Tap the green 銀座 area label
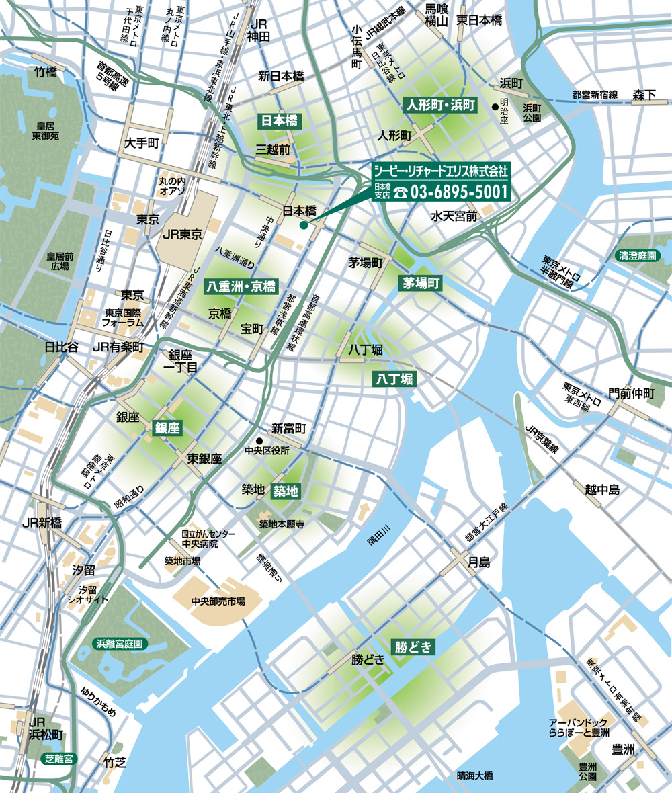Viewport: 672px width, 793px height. tap(167, 427)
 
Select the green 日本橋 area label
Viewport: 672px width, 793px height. tap(280, 121)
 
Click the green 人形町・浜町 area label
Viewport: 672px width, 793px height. tap(439, 106)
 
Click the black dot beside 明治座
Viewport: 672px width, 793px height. tap(495, 106)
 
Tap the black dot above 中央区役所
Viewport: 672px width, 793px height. tap(257, 441)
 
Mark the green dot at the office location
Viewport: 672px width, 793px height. tap(304, 226)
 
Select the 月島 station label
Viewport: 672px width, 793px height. tap(479, 563)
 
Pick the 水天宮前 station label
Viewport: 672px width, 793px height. tap(454, 216)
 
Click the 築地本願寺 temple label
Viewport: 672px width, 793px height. tap(282, 524)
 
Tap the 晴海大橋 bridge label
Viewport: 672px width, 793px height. tap(474, 776)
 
